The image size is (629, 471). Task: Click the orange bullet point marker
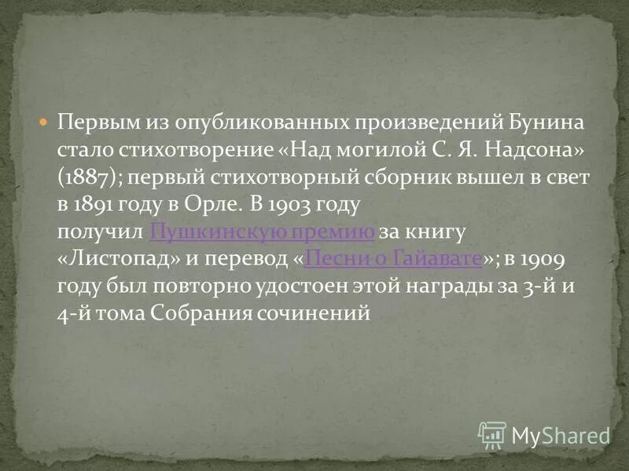tap(44, 122)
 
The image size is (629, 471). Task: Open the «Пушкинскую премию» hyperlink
tap(262, 232)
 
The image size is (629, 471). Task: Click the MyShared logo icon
tap(492, 434)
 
